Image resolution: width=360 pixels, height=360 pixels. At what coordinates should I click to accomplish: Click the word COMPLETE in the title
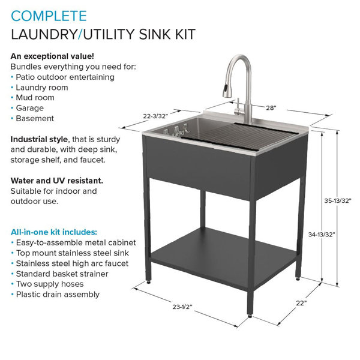(x=49, y=16)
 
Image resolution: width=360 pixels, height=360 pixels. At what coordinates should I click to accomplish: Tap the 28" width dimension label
(x=271, y=107)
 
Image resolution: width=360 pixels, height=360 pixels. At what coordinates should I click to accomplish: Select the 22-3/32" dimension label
(x=155, y=116)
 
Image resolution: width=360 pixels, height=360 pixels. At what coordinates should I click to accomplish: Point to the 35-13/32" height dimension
(x=338, y=200)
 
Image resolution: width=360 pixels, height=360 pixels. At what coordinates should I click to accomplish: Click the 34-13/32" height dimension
(x=322, y=235)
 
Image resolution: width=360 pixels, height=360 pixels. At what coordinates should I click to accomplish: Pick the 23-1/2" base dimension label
(x=182, y=307)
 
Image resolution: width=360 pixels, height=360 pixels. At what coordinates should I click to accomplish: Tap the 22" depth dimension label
(x=301, y=303)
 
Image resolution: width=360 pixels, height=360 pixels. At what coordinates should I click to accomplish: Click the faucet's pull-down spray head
(x=226, y=90)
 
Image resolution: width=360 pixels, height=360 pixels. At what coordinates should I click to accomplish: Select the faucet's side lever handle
(x=238, y=107)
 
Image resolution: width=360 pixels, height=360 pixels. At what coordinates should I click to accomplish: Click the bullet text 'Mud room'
(x=35, y=98)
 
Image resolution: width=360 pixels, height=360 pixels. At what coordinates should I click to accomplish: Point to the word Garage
(x=29, y=108)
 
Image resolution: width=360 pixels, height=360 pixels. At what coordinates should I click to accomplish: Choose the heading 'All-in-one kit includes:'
(x=54, y=232)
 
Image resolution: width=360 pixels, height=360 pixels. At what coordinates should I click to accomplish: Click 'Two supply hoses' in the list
(x=50, y=284)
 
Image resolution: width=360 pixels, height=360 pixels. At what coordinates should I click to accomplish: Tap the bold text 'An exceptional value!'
(x=52, y=56)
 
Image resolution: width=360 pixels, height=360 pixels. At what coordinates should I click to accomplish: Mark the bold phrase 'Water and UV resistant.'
(x=57, y=181)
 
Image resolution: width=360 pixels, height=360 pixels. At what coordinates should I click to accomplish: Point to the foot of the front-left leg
(x=148, y=282)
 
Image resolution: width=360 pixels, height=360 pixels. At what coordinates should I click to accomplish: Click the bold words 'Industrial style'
(x=39, y=139)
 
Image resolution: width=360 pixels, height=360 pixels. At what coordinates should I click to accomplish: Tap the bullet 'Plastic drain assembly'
(x=58, y=295)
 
